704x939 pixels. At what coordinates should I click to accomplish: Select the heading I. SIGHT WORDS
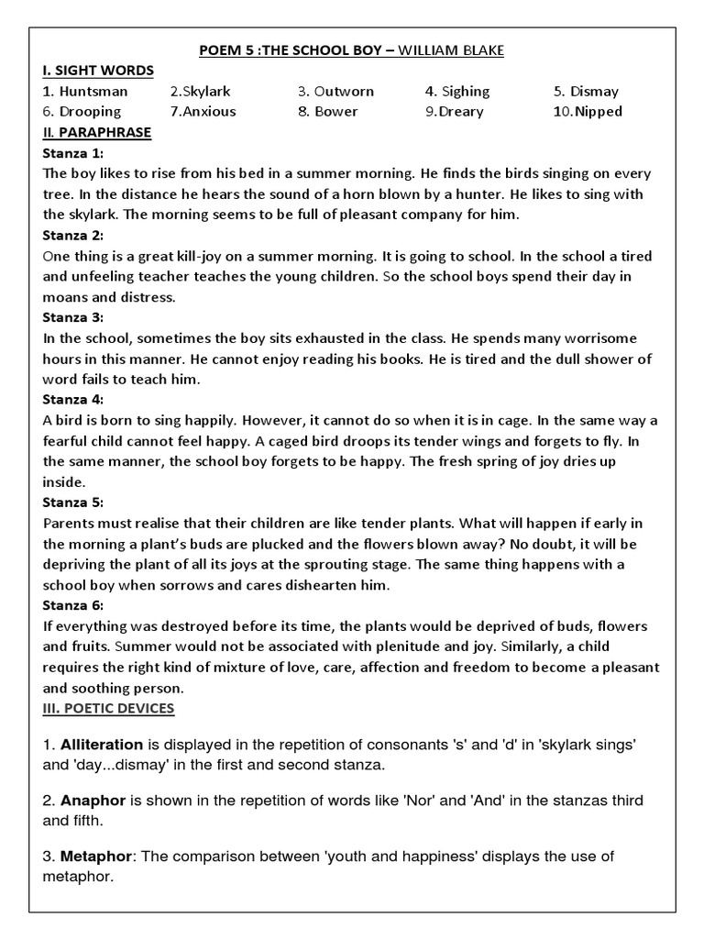(98, 71)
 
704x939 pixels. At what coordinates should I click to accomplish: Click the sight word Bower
(335, 111)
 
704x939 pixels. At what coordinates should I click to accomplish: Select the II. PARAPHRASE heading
(97, 132)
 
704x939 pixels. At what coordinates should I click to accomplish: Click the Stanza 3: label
(73, 317)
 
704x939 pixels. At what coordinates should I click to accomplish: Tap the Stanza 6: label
(73, 605)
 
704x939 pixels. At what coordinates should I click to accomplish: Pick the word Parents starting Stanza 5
(70, 523)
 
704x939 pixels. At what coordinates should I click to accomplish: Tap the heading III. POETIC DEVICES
(109, 708)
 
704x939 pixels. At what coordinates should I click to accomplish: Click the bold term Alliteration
(102, 745)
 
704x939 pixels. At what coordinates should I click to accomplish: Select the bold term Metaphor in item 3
(96, 856)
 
